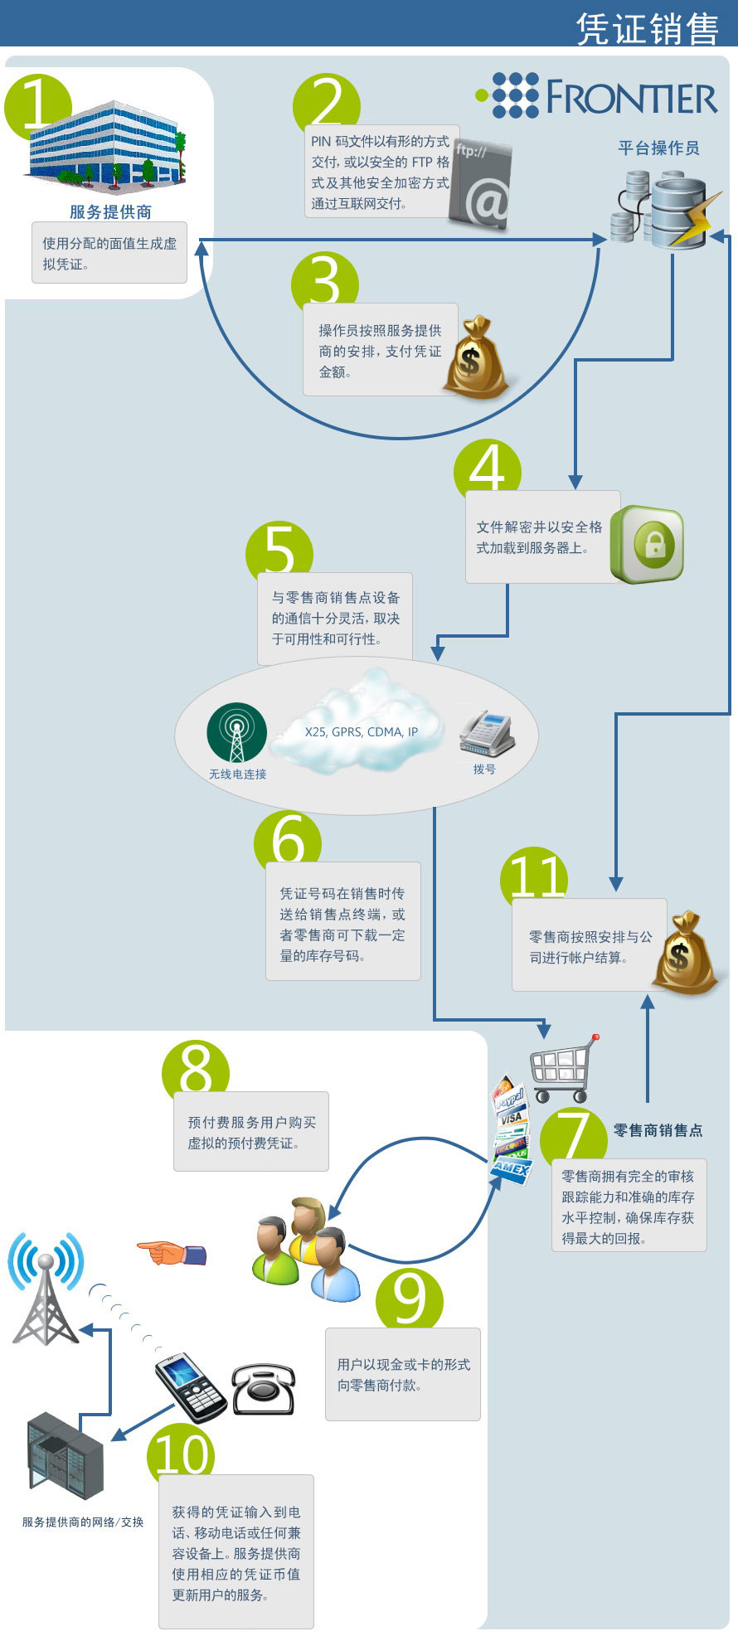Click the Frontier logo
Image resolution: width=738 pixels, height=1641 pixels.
click(596, 95)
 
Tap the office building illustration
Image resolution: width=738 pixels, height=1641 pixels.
click(107, 144)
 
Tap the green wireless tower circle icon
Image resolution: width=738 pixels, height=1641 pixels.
click(237, 732)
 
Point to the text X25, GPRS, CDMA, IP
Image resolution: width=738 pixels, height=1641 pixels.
click(362, 731)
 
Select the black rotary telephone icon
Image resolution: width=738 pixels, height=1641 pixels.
click(263, 1390)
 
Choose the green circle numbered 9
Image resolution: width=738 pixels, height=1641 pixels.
click(410, 1300)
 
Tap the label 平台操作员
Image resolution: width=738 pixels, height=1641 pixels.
click(658, 148)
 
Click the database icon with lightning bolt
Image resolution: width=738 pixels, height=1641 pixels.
click(667, 210)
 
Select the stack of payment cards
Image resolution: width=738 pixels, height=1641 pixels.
click(509, 1129)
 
